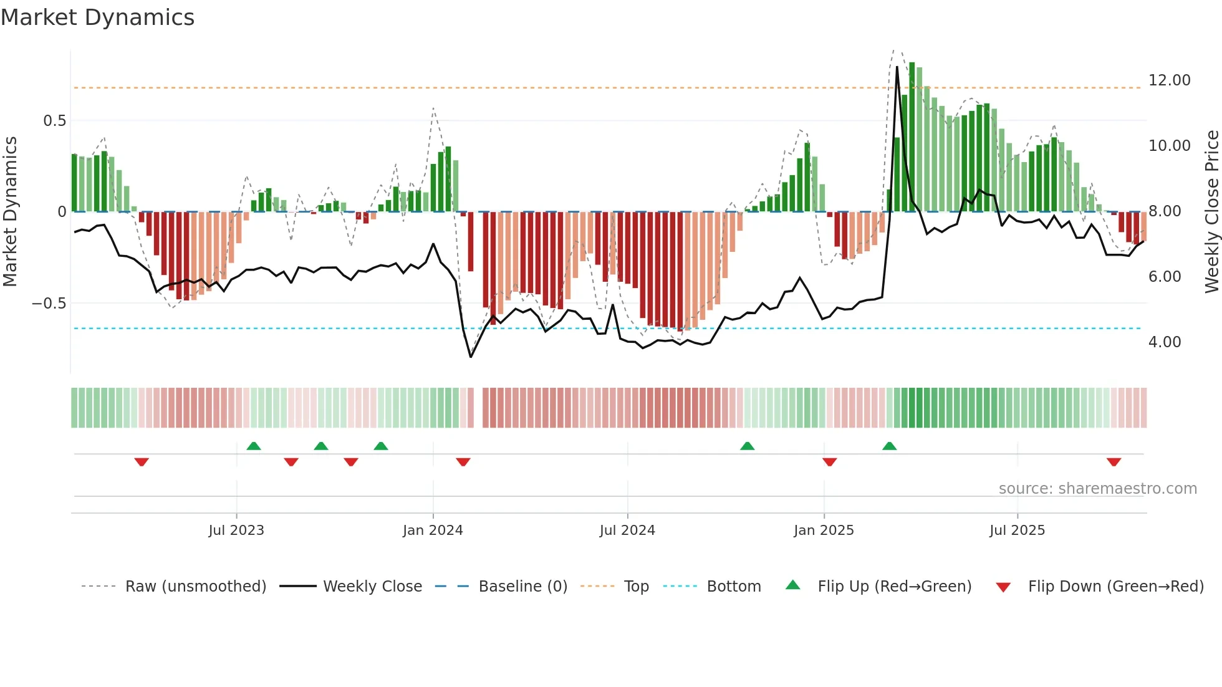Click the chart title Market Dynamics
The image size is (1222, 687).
point(97,17)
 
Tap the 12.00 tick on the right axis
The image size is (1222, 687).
point(1169,80)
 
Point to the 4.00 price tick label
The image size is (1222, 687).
point(1164,342)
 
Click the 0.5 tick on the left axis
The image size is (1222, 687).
point(54,121)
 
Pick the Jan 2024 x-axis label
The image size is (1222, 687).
point(433,531)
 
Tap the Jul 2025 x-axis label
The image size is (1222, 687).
point(1017,531)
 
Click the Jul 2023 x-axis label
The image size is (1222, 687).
point(236,531)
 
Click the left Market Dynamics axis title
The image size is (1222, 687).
point(10,212)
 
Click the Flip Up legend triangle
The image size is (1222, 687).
point(792,585)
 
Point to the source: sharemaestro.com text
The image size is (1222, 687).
point(1097,489)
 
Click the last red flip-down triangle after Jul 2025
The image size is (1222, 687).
point(1114,462)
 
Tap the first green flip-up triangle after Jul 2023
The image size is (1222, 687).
point(254,446)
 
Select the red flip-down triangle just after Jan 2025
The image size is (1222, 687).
point(829,462)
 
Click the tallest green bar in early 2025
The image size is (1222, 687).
point(912,137)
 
